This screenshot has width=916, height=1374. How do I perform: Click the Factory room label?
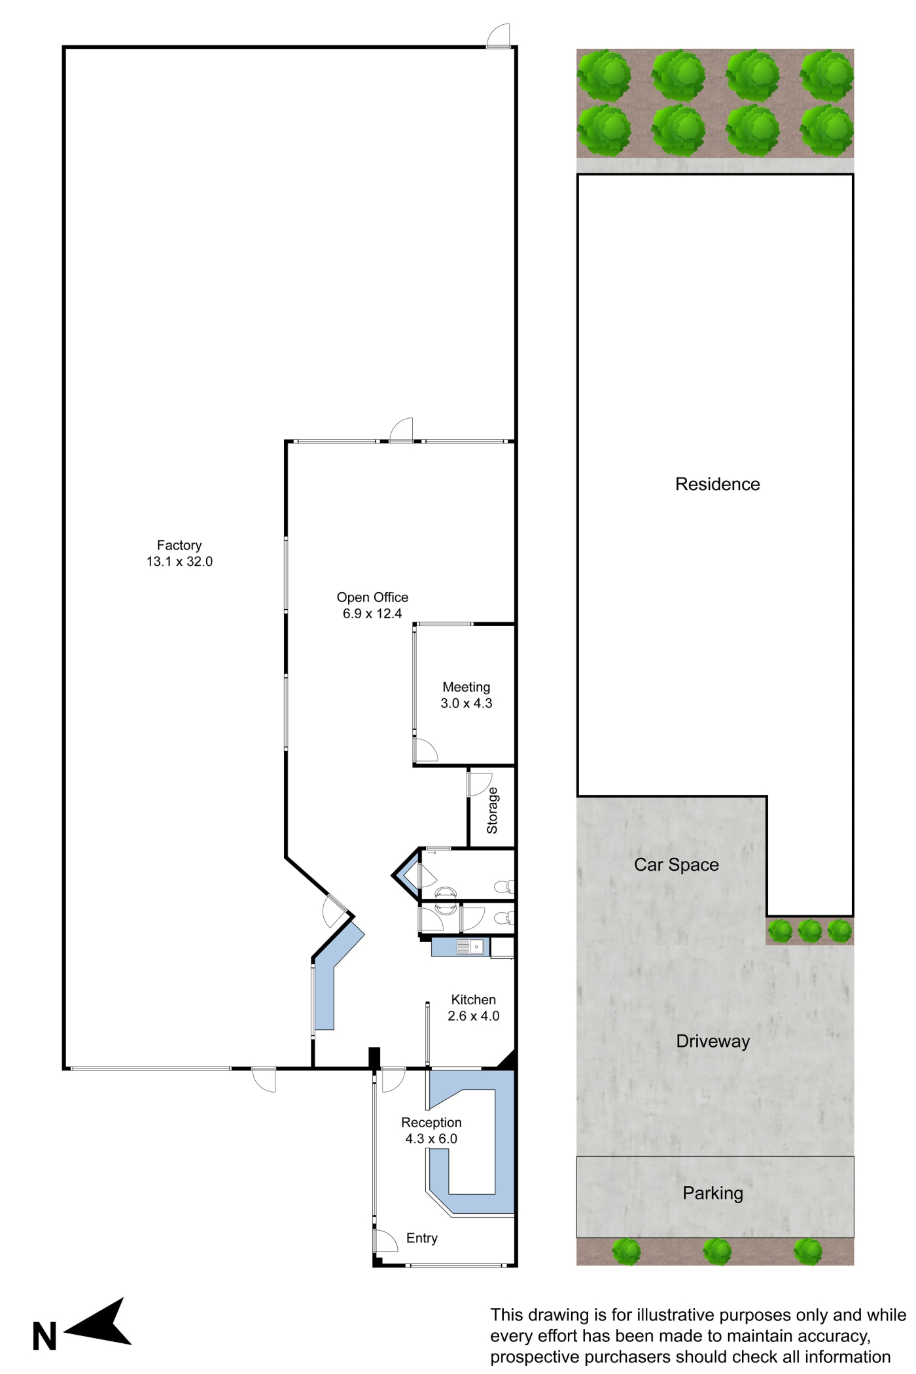click(179, 545)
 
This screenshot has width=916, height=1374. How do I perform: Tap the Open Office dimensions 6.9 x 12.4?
click(372, 614)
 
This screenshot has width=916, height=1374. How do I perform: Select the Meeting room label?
click(467, 687)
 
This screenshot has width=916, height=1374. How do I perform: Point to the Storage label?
click(492, 810)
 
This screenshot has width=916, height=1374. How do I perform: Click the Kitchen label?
click(474, 1000)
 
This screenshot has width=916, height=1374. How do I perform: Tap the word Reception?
click(431, 1123)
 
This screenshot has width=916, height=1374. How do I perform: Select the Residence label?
click(718, 484)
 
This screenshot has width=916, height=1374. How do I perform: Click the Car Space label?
click(677, 865)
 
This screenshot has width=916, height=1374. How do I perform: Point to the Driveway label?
click(713, 1042)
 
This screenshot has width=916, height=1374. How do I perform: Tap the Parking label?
click(713, 1193)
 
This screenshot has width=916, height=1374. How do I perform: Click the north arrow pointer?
click(98, 1324)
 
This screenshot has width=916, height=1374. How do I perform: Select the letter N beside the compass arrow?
click(44, 1337)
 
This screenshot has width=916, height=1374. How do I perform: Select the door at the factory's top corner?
click(499, 35)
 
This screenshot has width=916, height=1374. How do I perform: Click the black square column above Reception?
click(374, 1058)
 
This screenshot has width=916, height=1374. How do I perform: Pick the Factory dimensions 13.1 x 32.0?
click(179, 561)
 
